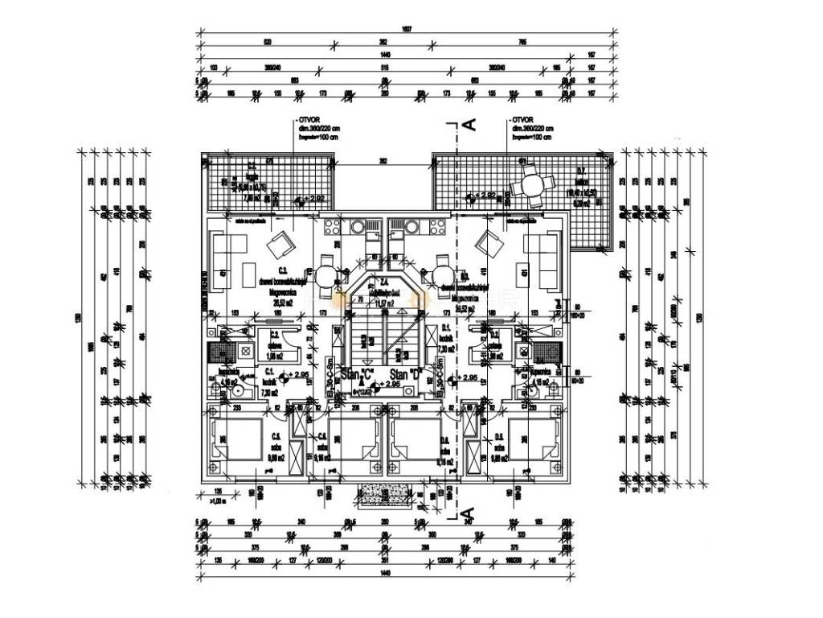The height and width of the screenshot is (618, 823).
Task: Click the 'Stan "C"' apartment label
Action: point(358,374)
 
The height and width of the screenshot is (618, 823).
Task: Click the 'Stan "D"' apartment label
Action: point(406,374)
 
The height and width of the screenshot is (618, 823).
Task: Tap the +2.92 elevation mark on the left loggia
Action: point(313,197)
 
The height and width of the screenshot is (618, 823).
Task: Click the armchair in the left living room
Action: point(281,242)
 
